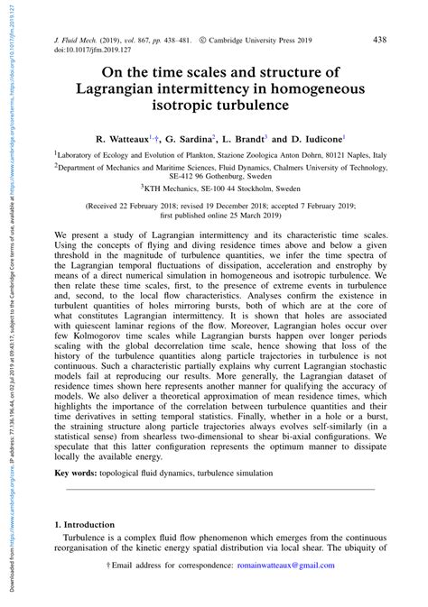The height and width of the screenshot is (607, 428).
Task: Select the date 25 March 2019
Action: (x=282, y=216)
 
